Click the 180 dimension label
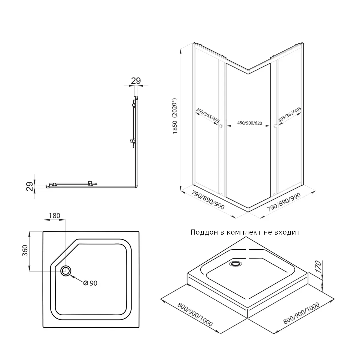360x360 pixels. point(54,215)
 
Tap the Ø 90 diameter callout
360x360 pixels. point(90,283)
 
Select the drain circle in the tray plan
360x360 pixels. point(66,271)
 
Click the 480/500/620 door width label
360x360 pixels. point(247,123)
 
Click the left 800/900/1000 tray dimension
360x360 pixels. point(195,314)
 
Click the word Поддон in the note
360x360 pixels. point(203,232)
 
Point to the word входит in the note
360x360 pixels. point(288,232)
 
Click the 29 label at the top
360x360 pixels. point(136,80)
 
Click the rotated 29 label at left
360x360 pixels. point(29,187)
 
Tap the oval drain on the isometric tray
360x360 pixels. point(235,264)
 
